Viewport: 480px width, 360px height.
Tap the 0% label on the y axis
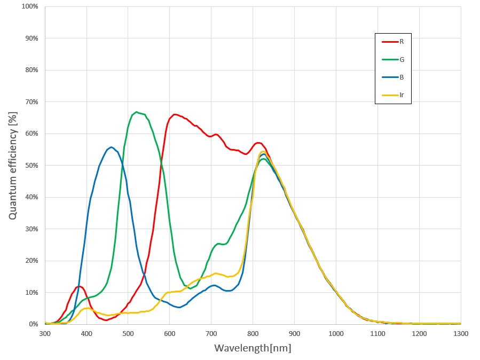(x=33, y=324)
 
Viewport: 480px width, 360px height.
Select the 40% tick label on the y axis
(x=31, y=197)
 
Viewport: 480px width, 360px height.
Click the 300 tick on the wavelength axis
(x=45, y=333)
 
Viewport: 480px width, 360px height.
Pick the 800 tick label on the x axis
(x=253, y=333)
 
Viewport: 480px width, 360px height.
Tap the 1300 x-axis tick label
(x=460, y=333)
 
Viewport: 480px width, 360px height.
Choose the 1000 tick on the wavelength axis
(x=336, y=333)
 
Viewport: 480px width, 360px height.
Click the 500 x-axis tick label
(x=128, y=333)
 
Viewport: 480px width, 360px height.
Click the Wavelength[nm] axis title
(x=253, y=348)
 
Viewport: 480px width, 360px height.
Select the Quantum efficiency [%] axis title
(x=13, y=166)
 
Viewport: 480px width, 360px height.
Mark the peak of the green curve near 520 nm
(x=137, y=112)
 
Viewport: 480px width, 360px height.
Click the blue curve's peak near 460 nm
(x=111, y=147)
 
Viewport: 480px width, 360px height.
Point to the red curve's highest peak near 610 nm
(x=175, y=114)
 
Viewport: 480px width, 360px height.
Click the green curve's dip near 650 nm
(x=190, y=288)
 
